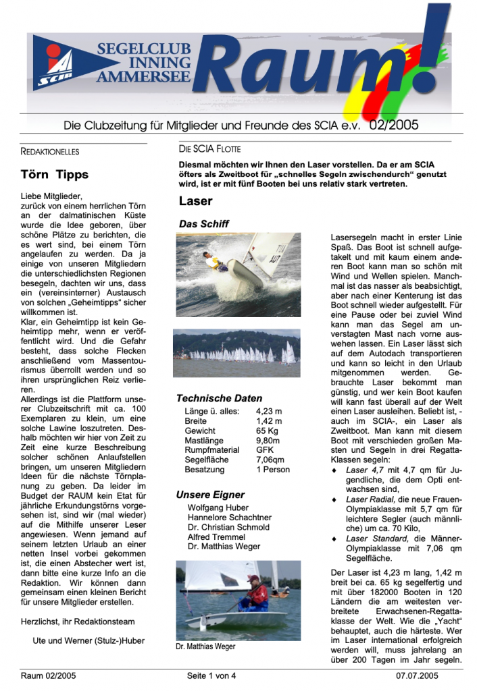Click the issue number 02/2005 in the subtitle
pyautogui.click(x=394, y=125)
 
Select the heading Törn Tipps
pyautogui.click(x=55, y=175)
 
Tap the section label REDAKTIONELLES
pyautogui.click(x=50, y=151)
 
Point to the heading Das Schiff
pyautogui.click(x=203, y=223)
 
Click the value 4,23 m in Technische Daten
pyautogui.click(x=269, y=411)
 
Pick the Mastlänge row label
pyautogui.click(x=204, y=440)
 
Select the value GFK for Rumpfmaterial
pyautogui.click(x=265, y=450)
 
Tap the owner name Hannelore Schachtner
pyautogui.click(x=230, y=518)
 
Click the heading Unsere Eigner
pyautogui.click(x=210, y=495)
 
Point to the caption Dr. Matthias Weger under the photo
pyautogui.click(x=205, y=646)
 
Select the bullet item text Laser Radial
pyautogui.click(x=369, y=499)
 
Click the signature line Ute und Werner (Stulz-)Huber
pyautogui.click(x=89, y=640)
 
